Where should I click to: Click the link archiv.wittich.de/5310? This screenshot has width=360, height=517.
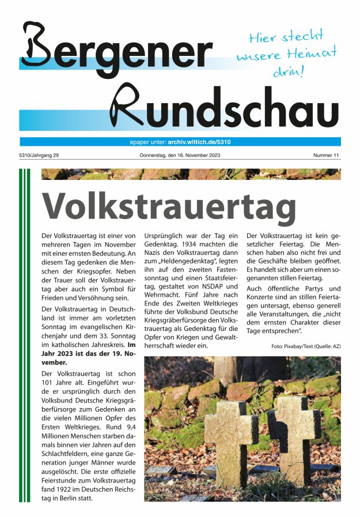[200, 142]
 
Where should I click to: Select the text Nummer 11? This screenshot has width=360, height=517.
[327, 156]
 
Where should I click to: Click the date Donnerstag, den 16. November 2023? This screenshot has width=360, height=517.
[180, 156]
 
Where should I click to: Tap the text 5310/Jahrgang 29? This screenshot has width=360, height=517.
[39, 156]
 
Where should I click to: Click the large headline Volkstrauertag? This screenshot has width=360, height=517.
[169, 205]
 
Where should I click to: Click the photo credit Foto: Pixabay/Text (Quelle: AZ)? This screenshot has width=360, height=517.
[305, 346]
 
